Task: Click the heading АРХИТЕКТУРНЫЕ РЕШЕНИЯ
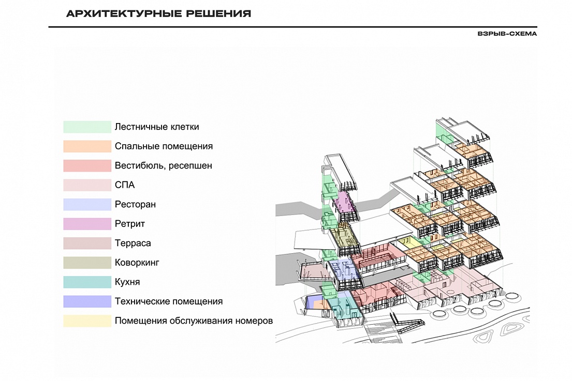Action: [x=158, y=14]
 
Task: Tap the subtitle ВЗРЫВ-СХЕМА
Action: [x=507, y=34]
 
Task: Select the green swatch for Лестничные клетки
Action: [x=87, y=127]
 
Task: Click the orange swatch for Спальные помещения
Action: [x=87, y=146]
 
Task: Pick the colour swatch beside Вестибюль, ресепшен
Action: [x=87, y=165]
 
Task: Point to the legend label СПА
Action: [x=125, y=185]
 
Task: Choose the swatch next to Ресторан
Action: [x=87, y=204]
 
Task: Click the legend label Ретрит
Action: [x=130, y=224]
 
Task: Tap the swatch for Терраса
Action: [x=87, y=243]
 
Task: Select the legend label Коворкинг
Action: [x=137, y=263]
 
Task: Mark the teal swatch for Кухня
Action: [x=87, y=282]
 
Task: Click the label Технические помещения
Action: [x=169, y=301]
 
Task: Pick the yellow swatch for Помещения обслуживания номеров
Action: [x=87, y=321]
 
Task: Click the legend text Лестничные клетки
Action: [x=157, y=127]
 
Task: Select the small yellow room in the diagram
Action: [x=408, y=243]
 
